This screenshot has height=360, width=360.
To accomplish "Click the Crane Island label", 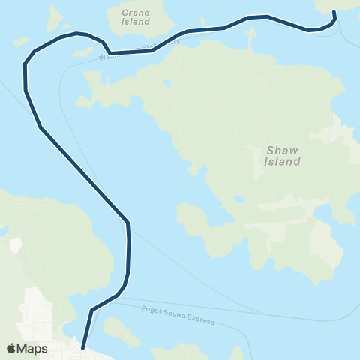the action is tap(136, 17).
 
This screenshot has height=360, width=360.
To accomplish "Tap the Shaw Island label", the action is tap(283, 155).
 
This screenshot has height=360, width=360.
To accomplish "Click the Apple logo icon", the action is tap(11, 348).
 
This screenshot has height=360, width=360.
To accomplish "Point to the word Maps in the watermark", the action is tap(33, 348).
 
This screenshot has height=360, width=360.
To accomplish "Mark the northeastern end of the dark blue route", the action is tap(334, 13).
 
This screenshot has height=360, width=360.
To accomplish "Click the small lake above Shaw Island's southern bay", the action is tap(238, 199).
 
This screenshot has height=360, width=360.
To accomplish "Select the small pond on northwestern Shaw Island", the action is tap(166, 82).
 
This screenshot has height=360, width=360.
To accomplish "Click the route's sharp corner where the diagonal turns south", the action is tap(128, 222).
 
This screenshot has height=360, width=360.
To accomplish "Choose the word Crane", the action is tap(136, 12).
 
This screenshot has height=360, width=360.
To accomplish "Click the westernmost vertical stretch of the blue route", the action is tap(25, 75).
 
